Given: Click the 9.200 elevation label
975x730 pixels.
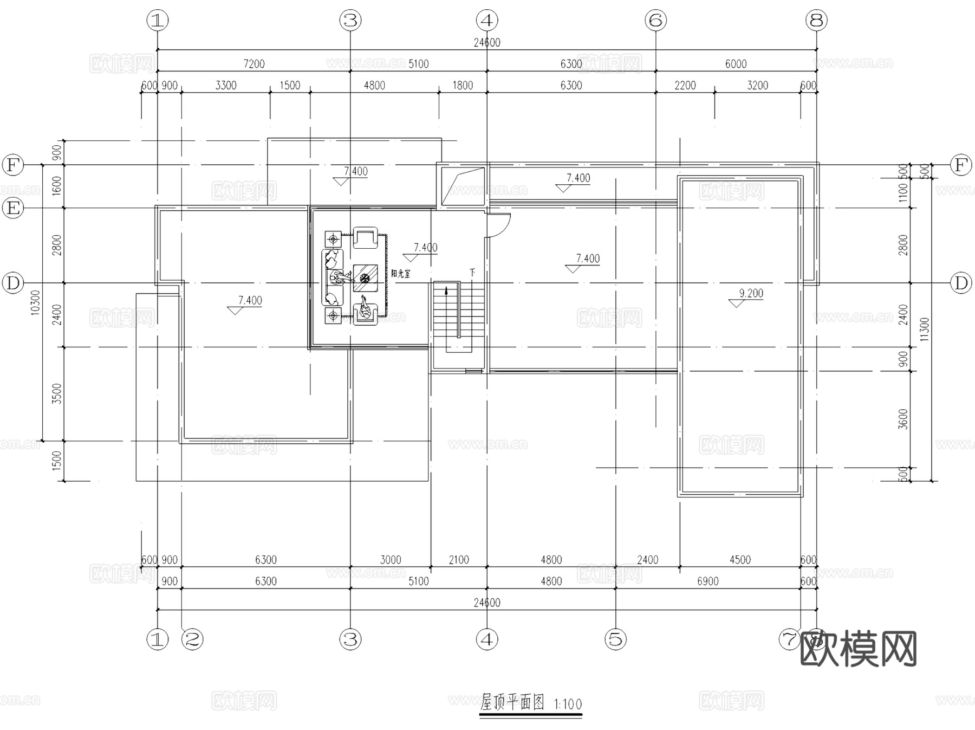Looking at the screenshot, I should pyautogui.click(x=751, y=294).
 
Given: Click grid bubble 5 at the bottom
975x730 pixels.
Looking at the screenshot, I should pyautogui.click(x=616, y=639).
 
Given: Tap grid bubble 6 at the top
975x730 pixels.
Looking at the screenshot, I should pyautogui.click(x=655, y=21).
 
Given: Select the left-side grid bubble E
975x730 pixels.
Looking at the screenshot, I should pyautogui.click(x=13, y=208).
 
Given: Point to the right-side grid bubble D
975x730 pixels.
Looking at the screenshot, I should pyautogui.click(x=961, y=283).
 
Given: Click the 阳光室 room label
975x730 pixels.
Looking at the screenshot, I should pyautogui.click(x=401, y=274).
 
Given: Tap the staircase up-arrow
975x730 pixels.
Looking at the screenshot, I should pyautogui.click(x=446, y=291).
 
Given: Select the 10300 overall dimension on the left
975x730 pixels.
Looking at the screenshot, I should pyautogui.click(x=36, y=302).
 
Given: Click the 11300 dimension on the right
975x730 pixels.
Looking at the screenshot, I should pyautogui.click(x=925, y=329).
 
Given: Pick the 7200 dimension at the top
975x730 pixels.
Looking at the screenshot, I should pyautogui.click(x=253, y=64).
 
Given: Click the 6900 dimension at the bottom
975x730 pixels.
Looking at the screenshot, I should pyautogui.click(x=707, y=582).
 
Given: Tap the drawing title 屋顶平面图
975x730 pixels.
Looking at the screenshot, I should pyautogui.click(x=512, y=703).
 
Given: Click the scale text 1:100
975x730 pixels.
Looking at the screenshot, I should pyautogui.click(x=568, y=705).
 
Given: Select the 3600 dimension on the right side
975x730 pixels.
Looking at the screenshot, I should pyautogui.click(x=903, y=419).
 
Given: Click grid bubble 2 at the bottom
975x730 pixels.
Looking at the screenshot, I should pyautogui.click(x=192, y=639).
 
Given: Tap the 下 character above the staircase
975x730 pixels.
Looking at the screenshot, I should pyautogui.click(x=472, y=272).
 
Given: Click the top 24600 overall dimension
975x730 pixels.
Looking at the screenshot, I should pyautogui.click(x=486, y=43).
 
